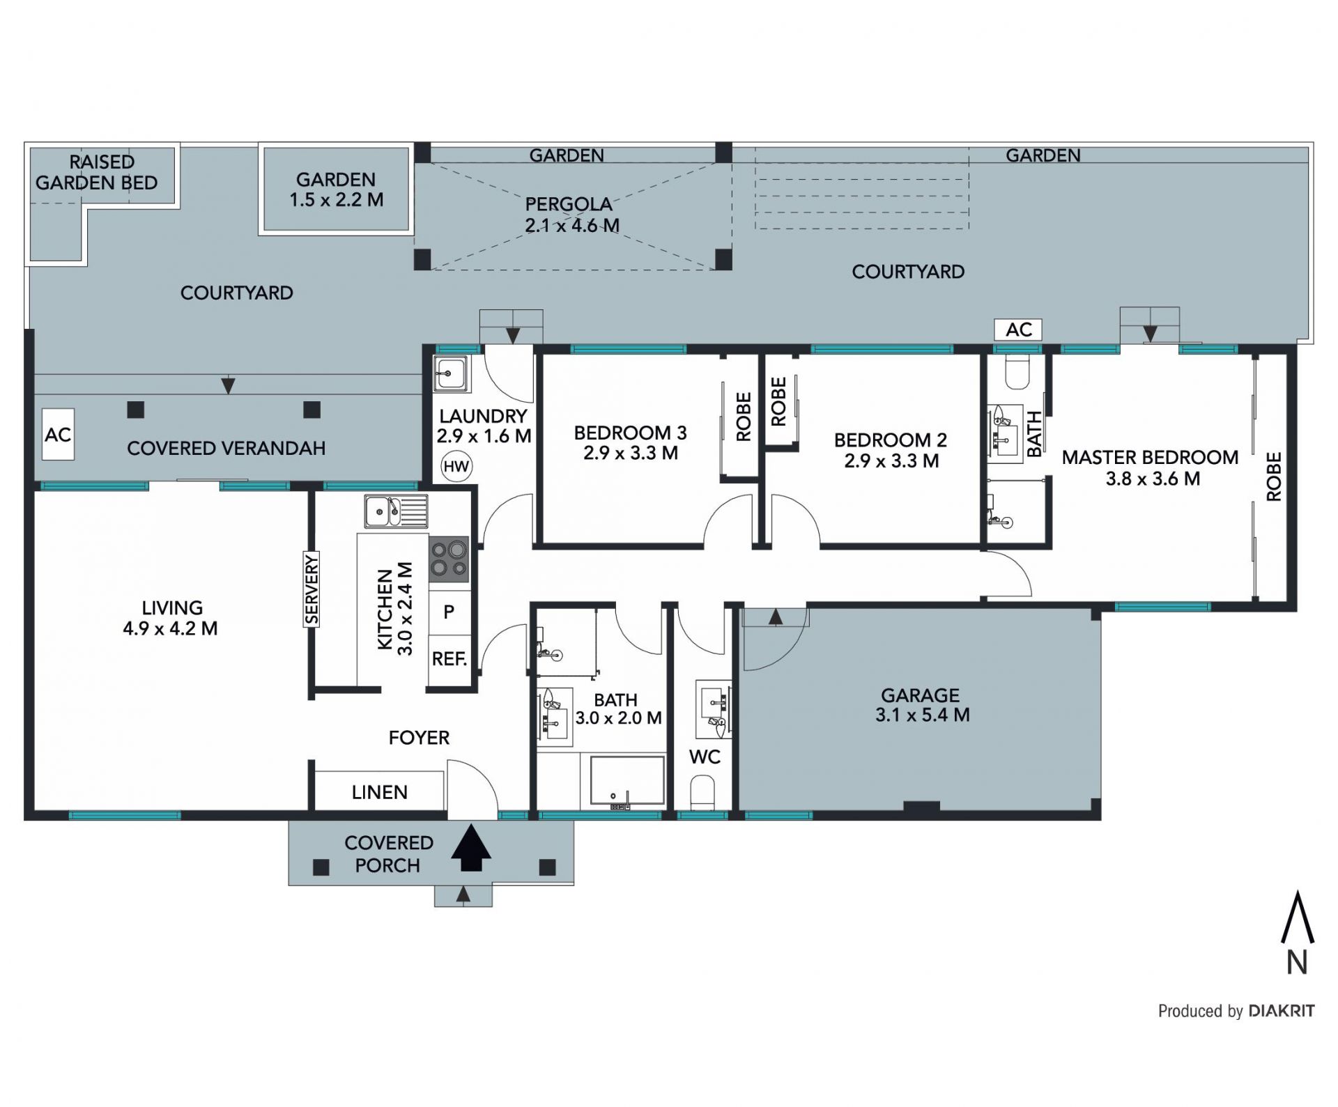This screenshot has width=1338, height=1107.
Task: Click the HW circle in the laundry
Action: point(456,466)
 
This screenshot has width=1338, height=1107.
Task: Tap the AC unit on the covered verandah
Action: point(58,435)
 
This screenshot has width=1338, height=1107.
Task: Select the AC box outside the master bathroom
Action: point(1018,330)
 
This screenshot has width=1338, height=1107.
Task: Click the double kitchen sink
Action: point(396,511)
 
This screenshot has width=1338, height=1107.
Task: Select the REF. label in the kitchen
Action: point(449,658)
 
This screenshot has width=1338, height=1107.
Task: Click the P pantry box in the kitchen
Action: point(449,612)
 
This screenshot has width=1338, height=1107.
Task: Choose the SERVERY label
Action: point(311,589)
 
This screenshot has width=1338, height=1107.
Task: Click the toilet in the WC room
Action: point(703,793)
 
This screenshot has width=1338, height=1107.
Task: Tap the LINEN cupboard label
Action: point(379,792)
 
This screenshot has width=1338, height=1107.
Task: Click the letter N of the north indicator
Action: point(1297,962)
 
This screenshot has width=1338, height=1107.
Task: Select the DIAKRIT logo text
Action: point(1282,1011)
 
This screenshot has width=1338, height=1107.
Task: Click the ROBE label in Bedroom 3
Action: point(744,417)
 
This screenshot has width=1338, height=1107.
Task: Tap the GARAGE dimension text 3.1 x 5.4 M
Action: point(923,715)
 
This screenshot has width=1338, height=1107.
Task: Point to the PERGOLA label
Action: point(569,204)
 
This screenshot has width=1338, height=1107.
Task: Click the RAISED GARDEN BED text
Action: point(97,172)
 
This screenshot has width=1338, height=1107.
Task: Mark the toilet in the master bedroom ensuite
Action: point(1018,373)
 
